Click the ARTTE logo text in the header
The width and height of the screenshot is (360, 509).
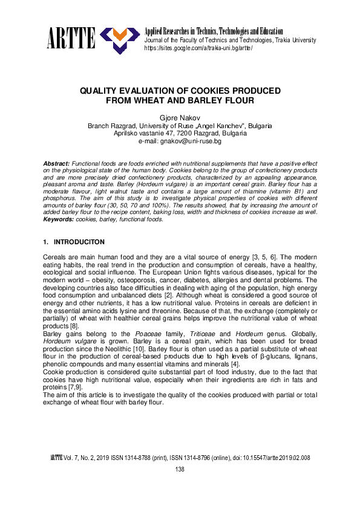pos(71,39)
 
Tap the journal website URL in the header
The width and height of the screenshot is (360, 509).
pos(198,48)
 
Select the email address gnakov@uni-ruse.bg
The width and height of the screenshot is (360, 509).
pos(180,141)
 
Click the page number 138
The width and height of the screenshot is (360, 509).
pos(180,470)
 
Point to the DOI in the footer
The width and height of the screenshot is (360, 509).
pos(273,458)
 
